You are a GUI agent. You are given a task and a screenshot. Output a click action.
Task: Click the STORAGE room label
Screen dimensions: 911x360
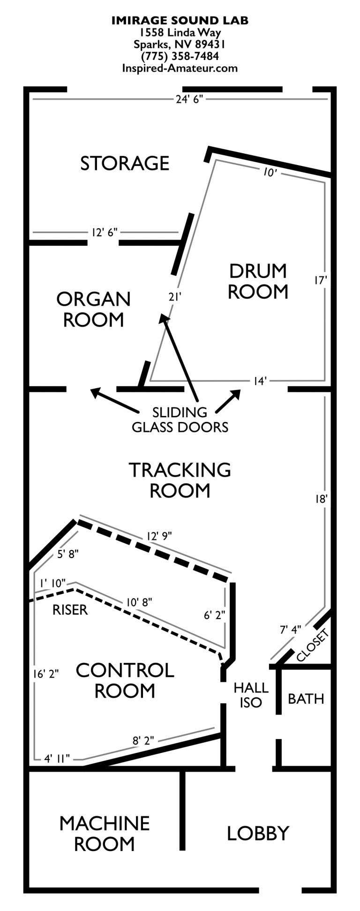pos(125,163)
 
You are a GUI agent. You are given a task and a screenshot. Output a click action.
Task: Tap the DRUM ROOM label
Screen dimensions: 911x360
pos(258,281)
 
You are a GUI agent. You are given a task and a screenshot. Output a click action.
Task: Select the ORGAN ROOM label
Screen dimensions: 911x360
pos(93,309)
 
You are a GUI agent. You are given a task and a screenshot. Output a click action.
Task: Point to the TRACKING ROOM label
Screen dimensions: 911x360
pos(180,480)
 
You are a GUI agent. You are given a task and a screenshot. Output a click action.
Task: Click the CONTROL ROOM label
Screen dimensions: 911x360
pos(125,680)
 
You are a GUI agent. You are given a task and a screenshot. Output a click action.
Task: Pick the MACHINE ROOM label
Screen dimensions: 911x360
pos(104,833)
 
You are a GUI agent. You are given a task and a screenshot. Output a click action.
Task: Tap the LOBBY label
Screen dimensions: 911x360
pos(258,833)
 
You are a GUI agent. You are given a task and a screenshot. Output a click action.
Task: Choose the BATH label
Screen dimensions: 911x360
pos(306,699)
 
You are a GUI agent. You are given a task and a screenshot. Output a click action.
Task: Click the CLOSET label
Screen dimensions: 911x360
pos(313,645)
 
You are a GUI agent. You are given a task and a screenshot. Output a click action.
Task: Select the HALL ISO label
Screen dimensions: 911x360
pos(251,695)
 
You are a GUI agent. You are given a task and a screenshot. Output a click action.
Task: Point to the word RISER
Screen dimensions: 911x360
pos(70,610)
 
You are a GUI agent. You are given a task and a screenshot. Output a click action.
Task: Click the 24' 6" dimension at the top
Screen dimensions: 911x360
pos(189,99)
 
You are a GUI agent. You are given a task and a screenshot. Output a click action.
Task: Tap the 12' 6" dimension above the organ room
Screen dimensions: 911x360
pos(104,232)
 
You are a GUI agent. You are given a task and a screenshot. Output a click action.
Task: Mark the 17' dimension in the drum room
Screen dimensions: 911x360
pos(320,280)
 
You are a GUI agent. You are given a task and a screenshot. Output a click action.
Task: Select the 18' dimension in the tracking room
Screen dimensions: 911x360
pos(321,499)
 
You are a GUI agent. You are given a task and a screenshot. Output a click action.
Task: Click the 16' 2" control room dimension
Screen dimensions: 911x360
pos(46,674)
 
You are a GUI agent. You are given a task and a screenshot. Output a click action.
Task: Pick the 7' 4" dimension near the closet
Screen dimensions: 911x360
pos(290,630)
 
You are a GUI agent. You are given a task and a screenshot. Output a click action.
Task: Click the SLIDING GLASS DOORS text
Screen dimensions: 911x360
pos(180,420)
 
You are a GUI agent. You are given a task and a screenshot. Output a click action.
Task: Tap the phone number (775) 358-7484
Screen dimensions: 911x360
pos(180,56)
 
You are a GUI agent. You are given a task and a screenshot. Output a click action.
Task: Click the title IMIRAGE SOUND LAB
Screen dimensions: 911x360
pos(180,20)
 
